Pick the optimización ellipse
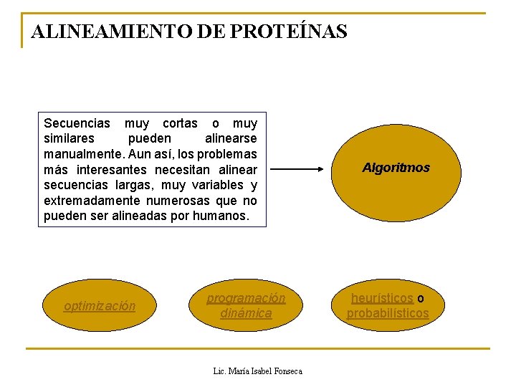click(x=100, y=306)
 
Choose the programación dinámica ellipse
click(x=246, y=306)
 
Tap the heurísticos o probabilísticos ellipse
click(x=388, y=306)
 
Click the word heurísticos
click(x=382, y=298)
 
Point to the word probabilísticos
click(x=388, y=314)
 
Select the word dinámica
click(x=246, y=314)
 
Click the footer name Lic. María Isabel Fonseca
click(x=258, y=371)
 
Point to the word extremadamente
click(x=86, y=201)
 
